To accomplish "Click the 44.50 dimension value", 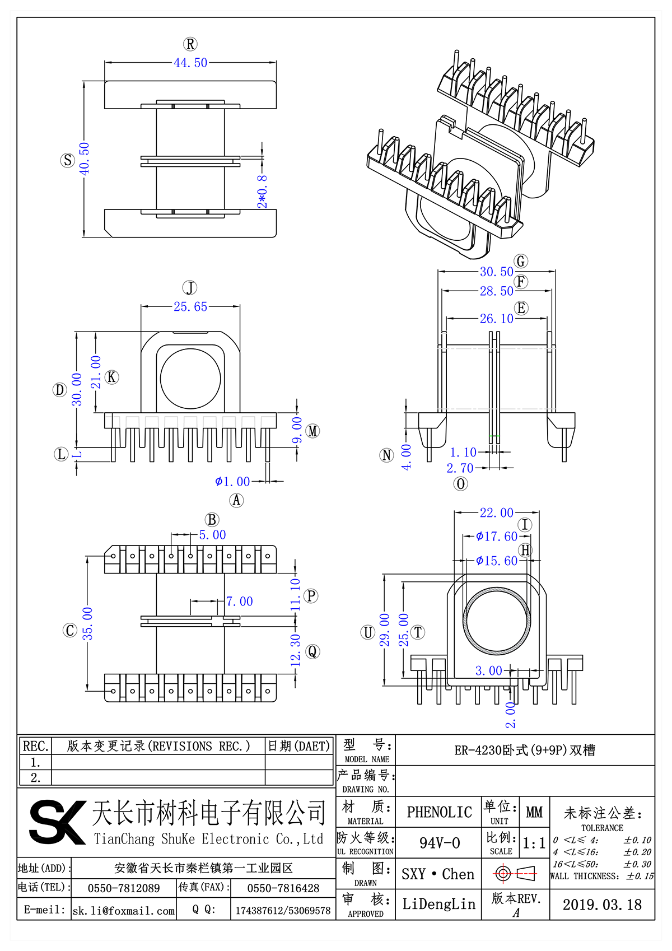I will (x=190, y=63).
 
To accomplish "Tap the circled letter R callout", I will (x=190, y=44).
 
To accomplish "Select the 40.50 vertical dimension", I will (x=85, y=158).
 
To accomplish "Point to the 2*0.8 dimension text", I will (x=262, y=192).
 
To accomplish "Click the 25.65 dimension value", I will (x=190, y=306).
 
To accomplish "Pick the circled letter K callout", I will (x=112, y=377).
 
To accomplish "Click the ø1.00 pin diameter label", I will (x=232, y=481).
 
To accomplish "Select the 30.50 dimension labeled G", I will (x=496, y=272).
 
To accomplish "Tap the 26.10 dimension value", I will (x=496, y=319).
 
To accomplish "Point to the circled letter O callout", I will (x=460, y=484).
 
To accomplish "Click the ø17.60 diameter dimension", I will (x=497, y=537).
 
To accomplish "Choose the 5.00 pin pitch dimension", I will (x=212, y=535).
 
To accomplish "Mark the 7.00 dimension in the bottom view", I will (x=239, y=602).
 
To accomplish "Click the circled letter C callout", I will (x=70, y=631).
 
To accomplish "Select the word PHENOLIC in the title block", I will (x=439, y=812).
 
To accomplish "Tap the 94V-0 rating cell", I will (x=440, y=843).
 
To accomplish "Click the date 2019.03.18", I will (x=602, y=905).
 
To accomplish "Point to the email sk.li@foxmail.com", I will (x=124, y=911).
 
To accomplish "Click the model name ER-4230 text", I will (x=525, y=750).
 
